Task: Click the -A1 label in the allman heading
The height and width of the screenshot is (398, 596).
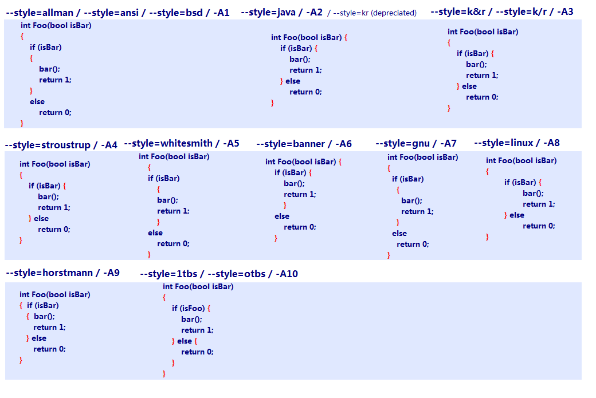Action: coord(222,13)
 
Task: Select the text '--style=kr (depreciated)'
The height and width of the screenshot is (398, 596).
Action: coord(375,13)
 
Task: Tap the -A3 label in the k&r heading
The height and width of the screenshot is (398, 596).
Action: coord(565,12)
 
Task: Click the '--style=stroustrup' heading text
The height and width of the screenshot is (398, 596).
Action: coord(48,145)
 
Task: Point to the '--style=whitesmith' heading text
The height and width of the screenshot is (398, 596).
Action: coord(168,144)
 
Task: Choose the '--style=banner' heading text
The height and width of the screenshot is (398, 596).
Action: coord(291,144)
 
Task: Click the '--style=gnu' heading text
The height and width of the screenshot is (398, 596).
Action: coord(402,144)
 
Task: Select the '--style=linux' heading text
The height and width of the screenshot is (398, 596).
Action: coord(504,143)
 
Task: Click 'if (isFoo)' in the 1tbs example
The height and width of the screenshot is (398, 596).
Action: coord(188,308)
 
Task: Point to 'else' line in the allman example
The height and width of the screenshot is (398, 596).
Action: coord(37,102)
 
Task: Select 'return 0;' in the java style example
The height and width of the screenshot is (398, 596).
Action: coord(305,92)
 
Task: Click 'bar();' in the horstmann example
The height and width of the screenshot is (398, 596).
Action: coord(44,316)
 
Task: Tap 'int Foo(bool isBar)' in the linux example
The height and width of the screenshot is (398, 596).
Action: coord(521,161)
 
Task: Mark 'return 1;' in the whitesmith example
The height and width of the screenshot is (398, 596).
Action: coord(173,211)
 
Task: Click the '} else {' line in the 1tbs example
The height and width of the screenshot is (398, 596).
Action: coord(185,341)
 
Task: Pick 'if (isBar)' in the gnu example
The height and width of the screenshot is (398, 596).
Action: coord(408,179)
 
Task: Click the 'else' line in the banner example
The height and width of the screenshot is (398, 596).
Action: coord(282,216)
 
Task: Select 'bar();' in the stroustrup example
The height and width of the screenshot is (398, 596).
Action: coord(48,197)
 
